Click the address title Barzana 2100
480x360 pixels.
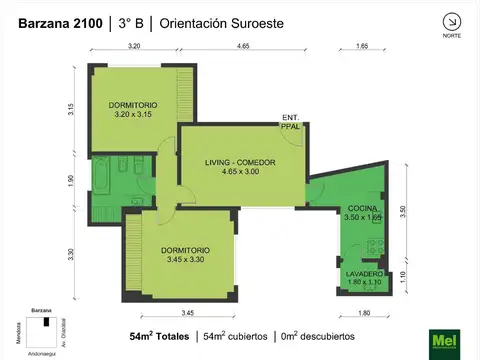coord(53,23)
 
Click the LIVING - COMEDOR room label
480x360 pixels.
coord(240,162)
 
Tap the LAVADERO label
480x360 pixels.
coord(363,273)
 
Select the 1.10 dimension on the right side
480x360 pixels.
coord(402,278)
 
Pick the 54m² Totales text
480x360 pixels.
coord(159,336)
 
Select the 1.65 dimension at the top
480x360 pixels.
coord(362,47)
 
